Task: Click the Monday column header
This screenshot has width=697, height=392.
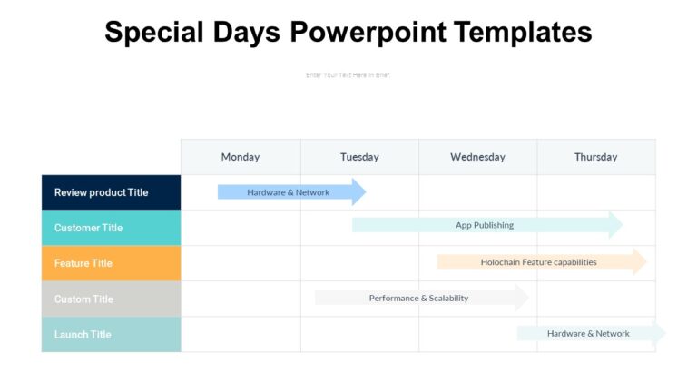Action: point(241,157)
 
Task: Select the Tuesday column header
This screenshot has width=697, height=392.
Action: point(359,157)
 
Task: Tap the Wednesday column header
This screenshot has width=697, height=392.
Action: point(477,157)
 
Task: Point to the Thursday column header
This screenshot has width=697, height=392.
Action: point(595,157)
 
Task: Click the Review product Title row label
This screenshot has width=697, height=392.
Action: point(101,192)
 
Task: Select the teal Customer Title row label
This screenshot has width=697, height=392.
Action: point(88,228)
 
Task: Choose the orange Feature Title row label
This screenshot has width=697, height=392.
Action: point(83,263)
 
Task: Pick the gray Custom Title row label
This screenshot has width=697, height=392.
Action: point(83,299)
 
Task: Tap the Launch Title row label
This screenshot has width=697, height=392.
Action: point(83,334)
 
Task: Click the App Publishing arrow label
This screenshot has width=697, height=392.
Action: point(485,225)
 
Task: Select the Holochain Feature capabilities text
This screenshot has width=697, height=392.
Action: point(538,262)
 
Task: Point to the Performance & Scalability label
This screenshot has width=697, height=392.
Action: point(418,298)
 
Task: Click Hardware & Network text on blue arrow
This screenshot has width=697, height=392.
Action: point(289,192)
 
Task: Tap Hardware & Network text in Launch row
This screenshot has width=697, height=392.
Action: point(588,333)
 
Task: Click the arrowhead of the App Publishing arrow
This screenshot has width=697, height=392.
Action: point(616,225)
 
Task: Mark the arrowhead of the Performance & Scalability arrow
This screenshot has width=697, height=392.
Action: point(522,298)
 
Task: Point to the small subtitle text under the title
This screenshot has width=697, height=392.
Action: point(348,75)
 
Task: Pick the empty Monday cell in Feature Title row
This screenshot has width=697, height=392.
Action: point(241,263)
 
